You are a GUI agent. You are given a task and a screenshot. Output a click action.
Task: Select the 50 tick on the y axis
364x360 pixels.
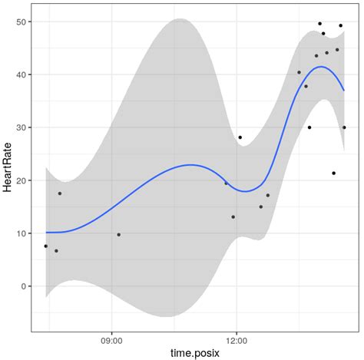click(22, 21)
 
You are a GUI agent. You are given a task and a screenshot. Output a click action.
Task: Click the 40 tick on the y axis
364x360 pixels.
click(22, 74)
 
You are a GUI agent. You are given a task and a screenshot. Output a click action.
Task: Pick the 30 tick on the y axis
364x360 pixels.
click(22, 127)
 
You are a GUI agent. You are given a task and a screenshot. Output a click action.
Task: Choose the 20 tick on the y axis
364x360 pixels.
click(22, 180)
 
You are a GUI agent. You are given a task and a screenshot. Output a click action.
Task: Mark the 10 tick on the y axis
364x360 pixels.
click(22, 233)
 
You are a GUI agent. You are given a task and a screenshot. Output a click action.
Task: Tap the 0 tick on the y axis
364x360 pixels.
click(25, 286)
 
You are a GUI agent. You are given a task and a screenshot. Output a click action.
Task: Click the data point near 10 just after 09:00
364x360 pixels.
click(118, 235)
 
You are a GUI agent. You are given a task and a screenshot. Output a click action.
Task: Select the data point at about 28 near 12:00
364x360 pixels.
click(240, 137)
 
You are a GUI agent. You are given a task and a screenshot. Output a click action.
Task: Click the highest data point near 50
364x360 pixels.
click(320, 24)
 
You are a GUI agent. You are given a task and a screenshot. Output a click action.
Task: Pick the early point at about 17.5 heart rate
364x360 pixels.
click(60, 193)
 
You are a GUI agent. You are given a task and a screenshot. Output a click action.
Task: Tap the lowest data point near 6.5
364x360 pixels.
click(56, 251)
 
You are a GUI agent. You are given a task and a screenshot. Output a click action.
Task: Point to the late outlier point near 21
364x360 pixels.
click(334, 173)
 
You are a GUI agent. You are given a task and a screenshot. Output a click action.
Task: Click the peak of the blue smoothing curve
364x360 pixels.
click(322, 67)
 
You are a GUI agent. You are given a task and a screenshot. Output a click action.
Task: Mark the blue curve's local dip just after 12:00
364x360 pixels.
click(246, 191)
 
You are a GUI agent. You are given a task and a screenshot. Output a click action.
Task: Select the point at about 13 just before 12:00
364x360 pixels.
click(233, 217)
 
